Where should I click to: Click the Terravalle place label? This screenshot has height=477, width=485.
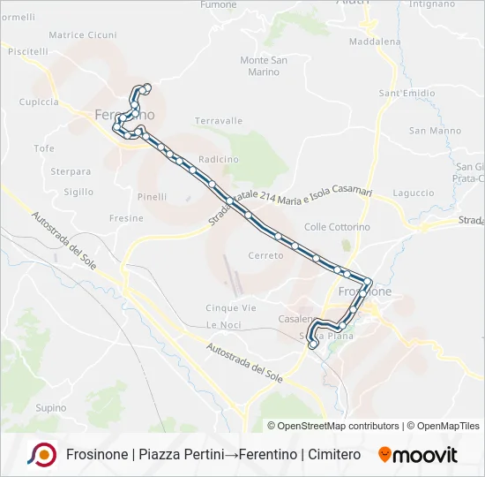point(219,120)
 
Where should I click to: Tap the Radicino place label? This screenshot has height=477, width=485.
point(219,159)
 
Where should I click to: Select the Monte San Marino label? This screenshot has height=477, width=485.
point(264,66)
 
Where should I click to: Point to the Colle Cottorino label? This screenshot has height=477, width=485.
point(337,227)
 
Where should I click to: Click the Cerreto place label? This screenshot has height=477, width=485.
point(266,255)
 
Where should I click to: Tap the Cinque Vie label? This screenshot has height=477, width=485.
point(231,307)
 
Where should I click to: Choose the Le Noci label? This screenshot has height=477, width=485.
point(224,325)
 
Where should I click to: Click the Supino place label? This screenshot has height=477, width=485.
point(51,407)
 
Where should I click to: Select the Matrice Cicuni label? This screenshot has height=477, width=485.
point(83,35)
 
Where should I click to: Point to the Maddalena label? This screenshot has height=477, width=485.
point(375,42)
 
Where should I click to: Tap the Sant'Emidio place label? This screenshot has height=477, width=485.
point(407,93)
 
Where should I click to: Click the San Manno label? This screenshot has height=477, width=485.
point(435,131)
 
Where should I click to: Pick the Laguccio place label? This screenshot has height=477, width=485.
point(414,193)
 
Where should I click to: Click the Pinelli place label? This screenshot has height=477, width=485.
point(152,197)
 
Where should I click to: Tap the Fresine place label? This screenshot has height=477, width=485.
point(126,217)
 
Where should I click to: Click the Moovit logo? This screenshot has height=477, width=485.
point(418,455)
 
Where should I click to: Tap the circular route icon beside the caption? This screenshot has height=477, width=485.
point(42,455)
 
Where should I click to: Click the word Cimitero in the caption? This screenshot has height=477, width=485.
point(335,455)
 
